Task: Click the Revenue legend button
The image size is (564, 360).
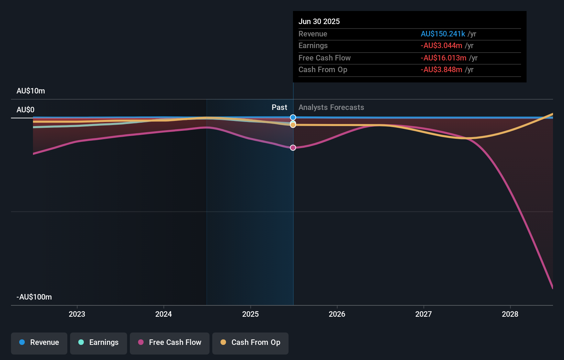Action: tap(39, 343)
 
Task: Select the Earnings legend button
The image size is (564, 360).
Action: tap(99, 343)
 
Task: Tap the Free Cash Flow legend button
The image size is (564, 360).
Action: tap(170, 343)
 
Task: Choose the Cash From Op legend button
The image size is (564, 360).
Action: tap(250, 343)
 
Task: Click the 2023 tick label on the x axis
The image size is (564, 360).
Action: tap(77, 314)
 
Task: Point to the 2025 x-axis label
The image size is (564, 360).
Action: tap(250, 314)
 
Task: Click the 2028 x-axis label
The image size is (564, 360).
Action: tap(510, 314)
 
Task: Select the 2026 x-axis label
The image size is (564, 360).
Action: tap(337, 314)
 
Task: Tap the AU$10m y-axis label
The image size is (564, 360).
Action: tap(31, 91)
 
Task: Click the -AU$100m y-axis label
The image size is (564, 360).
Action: tap(34, 297)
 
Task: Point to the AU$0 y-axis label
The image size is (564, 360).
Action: tap(25, 110)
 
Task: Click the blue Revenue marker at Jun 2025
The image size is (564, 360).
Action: tap(293, 117)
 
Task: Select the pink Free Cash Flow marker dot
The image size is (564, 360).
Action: tap(293, 148)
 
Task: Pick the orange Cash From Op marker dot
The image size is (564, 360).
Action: tap(293, 125)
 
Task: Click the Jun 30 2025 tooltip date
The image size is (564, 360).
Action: tap(319, 21)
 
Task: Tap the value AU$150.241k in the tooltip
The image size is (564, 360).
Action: tap(443, 34)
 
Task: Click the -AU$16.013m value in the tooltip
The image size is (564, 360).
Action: tap(443, 58)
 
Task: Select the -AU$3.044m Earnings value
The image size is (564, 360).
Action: tap(441, 45)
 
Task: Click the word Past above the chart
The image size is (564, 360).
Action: tap(279, 107)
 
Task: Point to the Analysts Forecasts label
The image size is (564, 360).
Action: tap(331, 107)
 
